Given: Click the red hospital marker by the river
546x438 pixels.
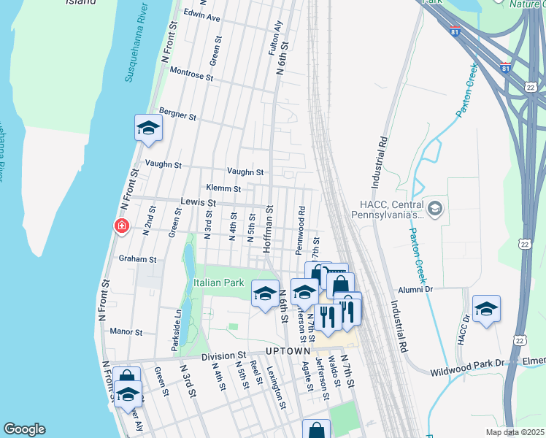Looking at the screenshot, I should pos(122,227).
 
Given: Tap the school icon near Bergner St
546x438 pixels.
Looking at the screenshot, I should pos(149,128).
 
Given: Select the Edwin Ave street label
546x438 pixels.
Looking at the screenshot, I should pos(202,36).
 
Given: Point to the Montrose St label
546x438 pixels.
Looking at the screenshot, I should pos(191,74).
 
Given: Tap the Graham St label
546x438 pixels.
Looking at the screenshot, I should pos(138,259).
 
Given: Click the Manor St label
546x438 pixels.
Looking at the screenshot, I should pos(126,331).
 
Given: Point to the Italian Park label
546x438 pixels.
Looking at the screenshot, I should pos(219,283).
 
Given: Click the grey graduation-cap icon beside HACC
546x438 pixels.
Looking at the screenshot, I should pos(435,210).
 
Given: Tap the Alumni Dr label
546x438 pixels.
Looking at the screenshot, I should pos(417,289).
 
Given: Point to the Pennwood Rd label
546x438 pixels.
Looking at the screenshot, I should pos(300,229).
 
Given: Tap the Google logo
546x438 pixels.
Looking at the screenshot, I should pos(25,429).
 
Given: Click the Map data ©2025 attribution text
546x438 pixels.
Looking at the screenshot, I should pos(515,432).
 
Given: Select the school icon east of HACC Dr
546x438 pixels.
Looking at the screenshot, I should pos(486,309).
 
